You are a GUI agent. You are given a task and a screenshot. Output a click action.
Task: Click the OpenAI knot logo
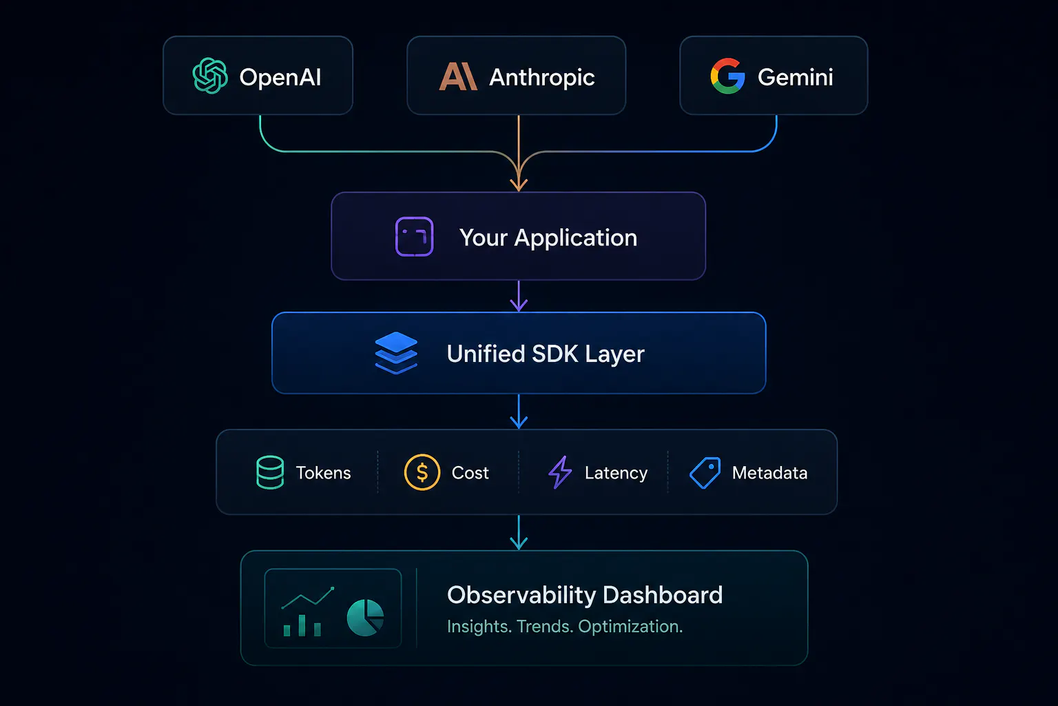coord(210,76)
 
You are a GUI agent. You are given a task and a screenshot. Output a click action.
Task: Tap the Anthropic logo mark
coord(457,76)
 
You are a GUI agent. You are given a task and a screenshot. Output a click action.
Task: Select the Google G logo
coord(728,76)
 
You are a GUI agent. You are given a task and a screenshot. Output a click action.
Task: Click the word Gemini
coord(796,77)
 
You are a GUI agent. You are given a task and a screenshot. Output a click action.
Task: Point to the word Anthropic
coord(542,77)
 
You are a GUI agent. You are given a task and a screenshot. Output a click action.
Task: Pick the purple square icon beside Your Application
coord(414,236)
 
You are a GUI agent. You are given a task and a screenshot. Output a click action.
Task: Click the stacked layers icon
coord(396,353)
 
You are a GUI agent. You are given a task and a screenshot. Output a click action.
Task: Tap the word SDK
coord(555,354)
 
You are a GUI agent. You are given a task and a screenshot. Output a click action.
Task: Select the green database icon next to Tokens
coord(270,472)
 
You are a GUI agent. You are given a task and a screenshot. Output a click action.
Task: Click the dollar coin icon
coord(422,472)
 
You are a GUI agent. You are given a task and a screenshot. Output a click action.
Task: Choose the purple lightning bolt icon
coord(560,472)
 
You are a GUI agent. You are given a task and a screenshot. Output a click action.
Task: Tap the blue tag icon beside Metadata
coord(705,472)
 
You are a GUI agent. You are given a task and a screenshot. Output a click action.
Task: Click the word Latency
coord(616,473)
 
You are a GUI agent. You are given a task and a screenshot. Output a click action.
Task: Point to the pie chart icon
coord(365,618)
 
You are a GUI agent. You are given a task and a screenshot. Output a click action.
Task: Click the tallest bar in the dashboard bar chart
coord(302,625)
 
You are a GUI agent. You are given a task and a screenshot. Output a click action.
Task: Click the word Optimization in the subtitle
coord(630,627)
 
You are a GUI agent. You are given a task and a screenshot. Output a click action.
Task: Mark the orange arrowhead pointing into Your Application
coord(519,184)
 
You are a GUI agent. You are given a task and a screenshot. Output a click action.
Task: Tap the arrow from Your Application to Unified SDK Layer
coord(519,296)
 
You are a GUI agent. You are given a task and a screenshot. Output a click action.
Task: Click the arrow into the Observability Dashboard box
coord(519,532)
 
